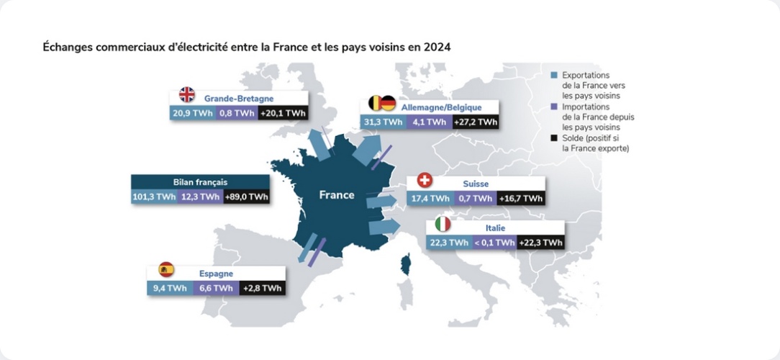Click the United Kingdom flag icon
pyautogui.click(x=187, y=95)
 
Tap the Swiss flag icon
pyautogui.click(x=424, y=181)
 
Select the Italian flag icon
pyautogui.click(x=443, y=224)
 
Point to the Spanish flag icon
pyautogui.click(x=166, y=270)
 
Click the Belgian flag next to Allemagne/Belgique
pyautogui.click(x=375, y=104)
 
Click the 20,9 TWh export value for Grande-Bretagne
pyautogui.click(x=192, y=114)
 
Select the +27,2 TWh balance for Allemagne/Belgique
pyautogui.click(x=476, y=122)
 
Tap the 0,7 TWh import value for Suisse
pyautogui.click(x=475, y=198)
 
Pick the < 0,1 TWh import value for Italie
pyautogui.click(x=494, y=243)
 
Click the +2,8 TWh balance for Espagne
pyautogui.click(x=262, y=289)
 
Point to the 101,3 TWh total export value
pyautogui.click(x=154, y=197)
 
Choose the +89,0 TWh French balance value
pyautogui.click(x=246, y=197)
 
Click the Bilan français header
pyautogui.click(x=200, y=181)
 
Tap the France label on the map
pyautogui.click(x=337, y=195)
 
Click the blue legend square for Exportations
pyautogui.click(x=553, y=75)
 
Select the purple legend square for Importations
pyautogui.click(x=553, y=106)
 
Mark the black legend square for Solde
pyautogui.click(x=553, y=138)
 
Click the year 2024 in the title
pyautogui.click(x=437, y=48)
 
